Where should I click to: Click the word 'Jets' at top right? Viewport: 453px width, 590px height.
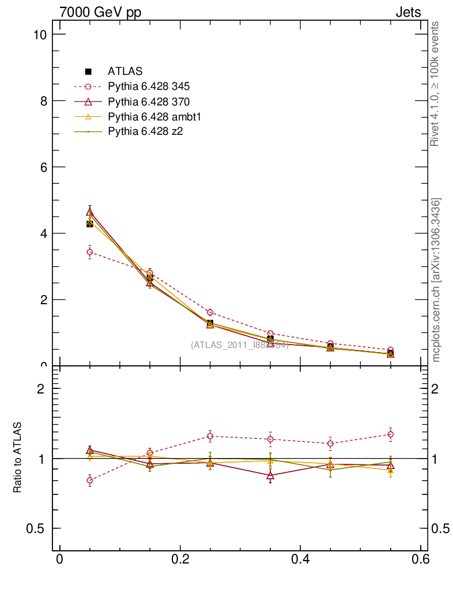(408, 13)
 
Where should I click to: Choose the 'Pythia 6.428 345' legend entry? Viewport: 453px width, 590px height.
(149, 86)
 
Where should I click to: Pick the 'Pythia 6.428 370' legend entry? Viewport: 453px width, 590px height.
(149, 102)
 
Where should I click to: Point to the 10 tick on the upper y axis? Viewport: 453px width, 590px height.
(40, 35)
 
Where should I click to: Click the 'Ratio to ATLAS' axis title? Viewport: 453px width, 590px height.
(18, 458)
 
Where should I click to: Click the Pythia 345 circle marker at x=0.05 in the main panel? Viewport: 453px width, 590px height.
(90, 252)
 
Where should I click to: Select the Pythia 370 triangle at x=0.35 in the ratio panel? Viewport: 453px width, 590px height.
(270, 475)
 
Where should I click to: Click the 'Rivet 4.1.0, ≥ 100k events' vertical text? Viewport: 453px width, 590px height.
(436, 84)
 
